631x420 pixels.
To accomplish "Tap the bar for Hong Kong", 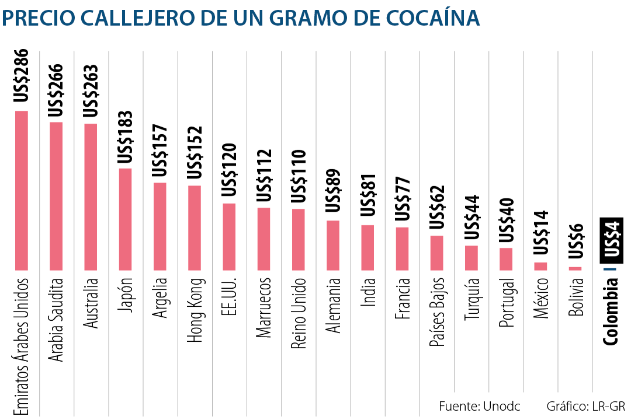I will click(x=195, y=228).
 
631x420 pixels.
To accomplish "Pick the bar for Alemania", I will click(x=333, y=245).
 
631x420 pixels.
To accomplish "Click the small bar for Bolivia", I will click(x=575, y=268).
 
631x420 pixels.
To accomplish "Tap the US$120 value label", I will click(x=229, y=169).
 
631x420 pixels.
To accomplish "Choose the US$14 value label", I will click(x=541, y=232).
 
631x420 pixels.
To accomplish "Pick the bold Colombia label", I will click(x=611, y=311).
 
